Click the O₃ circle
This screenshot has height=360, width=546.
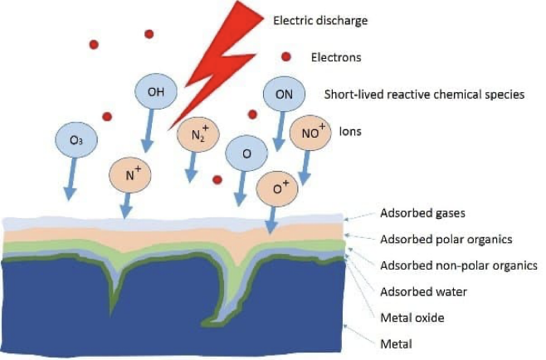76,140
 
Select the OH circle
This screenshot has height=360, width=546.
156,91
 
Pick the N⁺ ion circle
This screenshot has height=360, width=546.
130,174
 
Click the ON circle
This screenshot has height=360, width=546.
284,95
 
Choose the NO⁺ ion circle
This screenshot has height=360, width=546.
311,132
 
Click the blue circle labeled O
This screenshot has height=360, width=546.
246,154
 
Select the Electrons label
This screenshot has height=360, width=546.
336,57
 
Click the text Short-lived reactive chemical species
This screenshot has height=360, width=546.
425,95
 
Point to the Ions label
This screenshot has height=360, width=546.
351,131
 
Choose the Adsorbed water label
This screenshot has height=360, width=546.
423,291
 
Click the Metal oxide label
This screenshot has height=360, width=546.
412,318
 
